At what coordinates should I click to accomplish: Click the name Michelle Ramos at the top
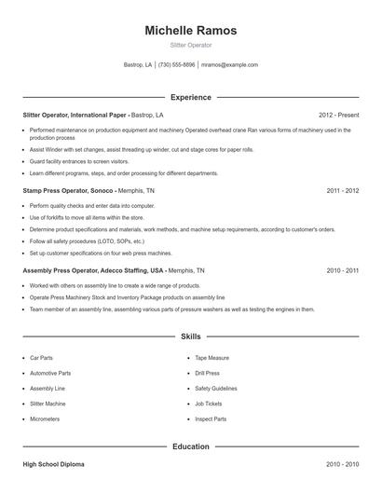click(190, 31)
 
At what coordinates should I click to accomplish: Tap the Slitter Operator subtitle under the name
click(190, 44)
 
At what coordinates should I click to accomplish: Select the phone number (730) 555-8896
click(176, 65)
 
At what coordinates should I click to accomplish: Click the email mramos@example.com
click(230, 65)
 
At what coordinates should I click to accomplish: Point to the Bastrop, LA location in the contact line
click(138, 65)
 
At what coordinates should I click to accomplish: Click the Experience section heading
click(190, 97)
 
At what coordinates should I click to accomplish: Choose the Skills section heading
click(190, 336)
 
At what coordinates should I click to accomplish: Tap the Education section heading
click(190, 446)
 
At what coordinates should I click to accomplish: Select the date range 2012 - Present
click(338, 115)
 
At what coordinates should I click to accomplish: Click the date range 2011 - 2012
click(342, 190)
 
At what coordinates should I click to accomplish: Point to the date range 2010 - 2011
click(342, 270)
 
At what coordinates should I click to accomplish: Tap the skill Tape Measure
click(211, 358)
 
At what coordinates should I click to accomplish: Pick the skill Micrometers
click(44, 419)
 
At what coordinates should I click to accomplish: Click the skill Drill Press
click(207, 373)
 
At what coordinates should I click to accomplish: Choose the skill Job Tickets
click(208, 404)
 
